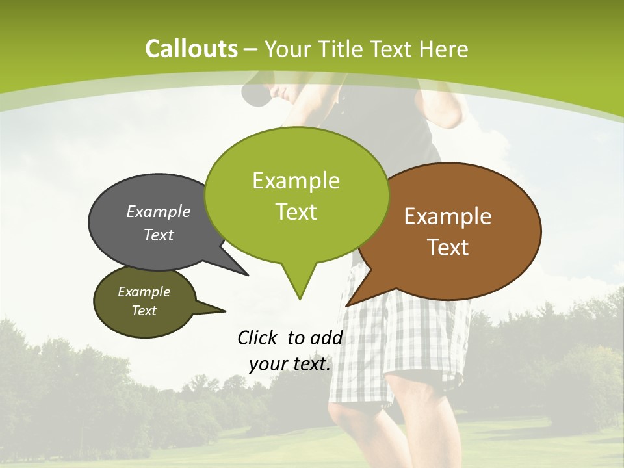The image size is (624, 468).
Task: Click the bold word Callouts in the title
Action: click(x=191, y=49)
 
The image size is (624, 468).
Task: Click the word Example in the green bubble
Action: click(x=296, y=181)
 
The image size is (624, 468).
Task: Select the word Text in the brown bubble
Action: click(x=448, y=248)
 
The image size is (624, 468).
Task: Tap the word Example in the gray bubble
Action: click(x=159, y=211)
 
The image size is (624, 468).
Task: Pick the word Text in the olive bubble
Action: click(x=144, y=311)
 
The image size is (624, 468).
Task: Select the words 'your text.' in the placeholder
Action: click(x=290, y=364)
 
